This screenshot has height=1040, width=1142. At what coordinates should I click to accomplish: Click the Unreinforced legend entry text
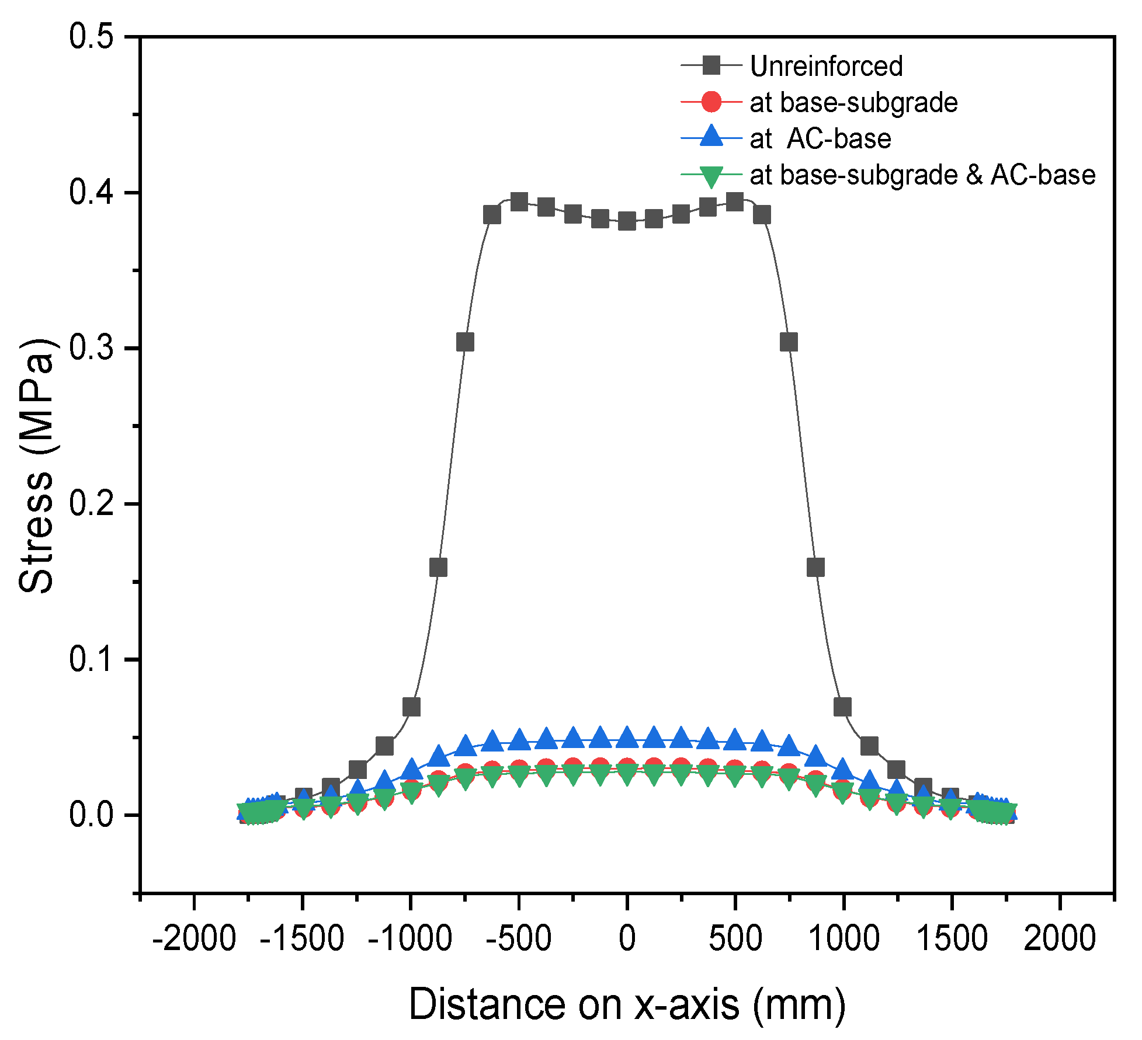[826, 66]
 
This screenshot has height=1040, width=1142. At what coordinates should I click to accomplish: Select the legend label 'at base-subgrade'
[853, 103]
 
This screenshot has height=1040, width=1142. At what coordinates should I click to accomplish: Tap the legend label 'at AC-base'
[820, 139]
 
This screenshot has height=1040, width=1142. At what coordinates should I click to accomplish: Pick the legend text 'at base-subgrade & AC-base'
[922, 175]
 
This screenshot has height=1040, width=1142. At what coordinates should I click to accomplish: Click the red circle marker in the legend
[711, 102]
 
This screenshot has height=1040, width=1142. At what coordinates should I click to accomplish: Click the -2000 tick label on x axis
[193, 939]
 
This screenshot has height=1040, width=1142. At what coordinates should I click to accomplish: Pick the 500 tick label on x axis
[735, 939]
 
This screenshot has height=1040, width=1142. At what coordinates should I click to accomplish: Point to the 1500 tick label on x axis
[952, 939]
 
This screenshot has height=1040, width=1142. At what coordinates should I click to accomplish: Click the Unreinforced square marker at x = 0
[627, 221]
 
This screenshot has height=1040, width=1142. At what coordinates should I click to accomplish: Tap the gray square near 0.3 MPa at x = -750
[465, 342]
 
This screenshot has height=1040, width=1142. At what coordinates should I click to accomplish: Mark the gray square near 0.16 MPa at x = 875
[815, 567]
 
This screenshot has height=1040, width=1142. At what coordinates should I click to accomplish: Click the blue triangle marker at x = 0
[627, 738]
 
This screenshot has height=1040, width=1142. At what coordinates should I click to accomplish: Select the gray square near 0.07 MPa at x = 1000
[842, 707]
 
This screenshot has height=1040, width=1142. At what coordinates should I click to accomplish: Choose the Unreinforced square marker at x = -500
[519, 202]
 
